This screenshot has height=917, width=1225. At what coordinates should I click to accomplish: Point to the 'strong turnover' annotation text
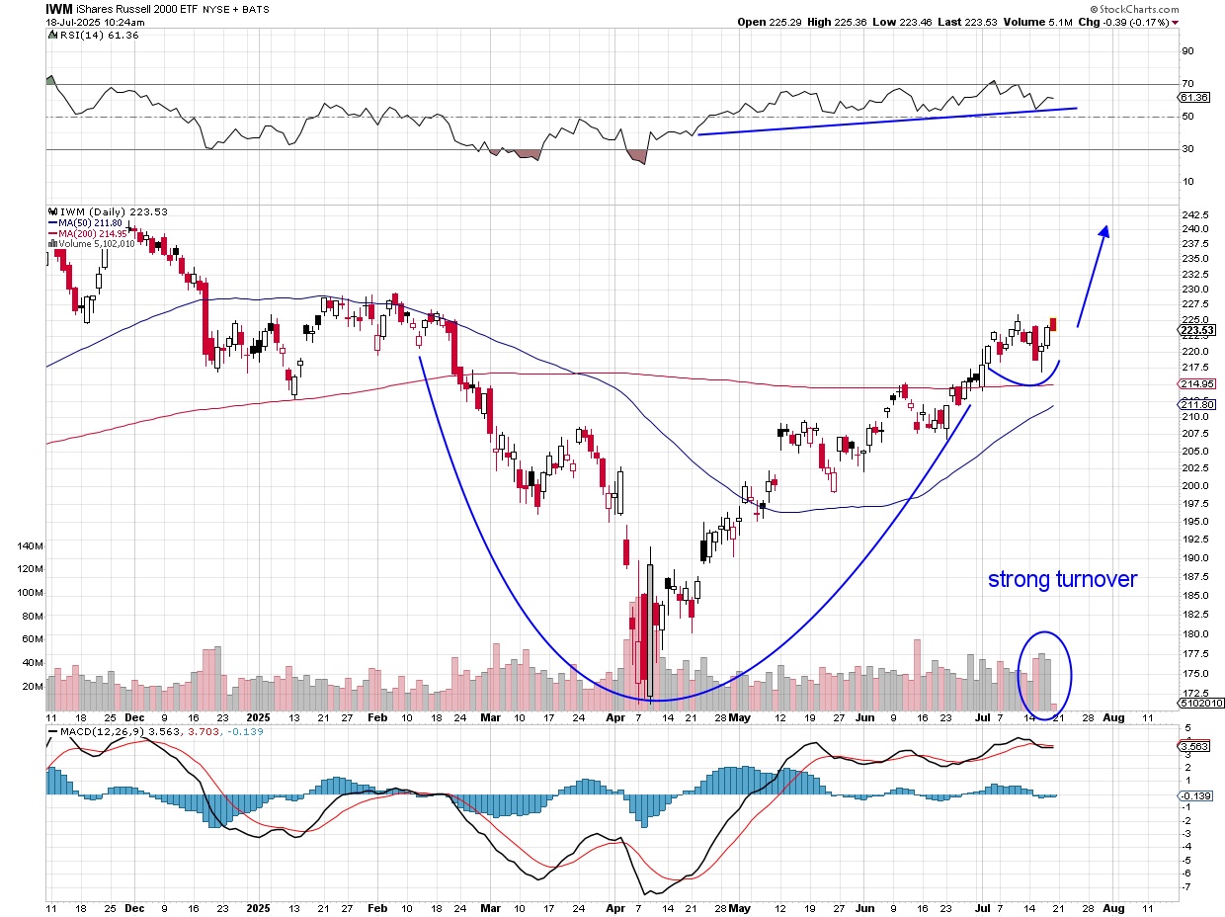(1062, 579)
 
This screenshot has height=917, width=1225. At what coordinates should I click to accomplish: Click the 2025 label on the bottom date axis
(258, 906)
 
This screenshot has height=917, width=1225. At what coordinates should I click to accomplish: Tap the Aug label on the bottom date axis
(1113, 906)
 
